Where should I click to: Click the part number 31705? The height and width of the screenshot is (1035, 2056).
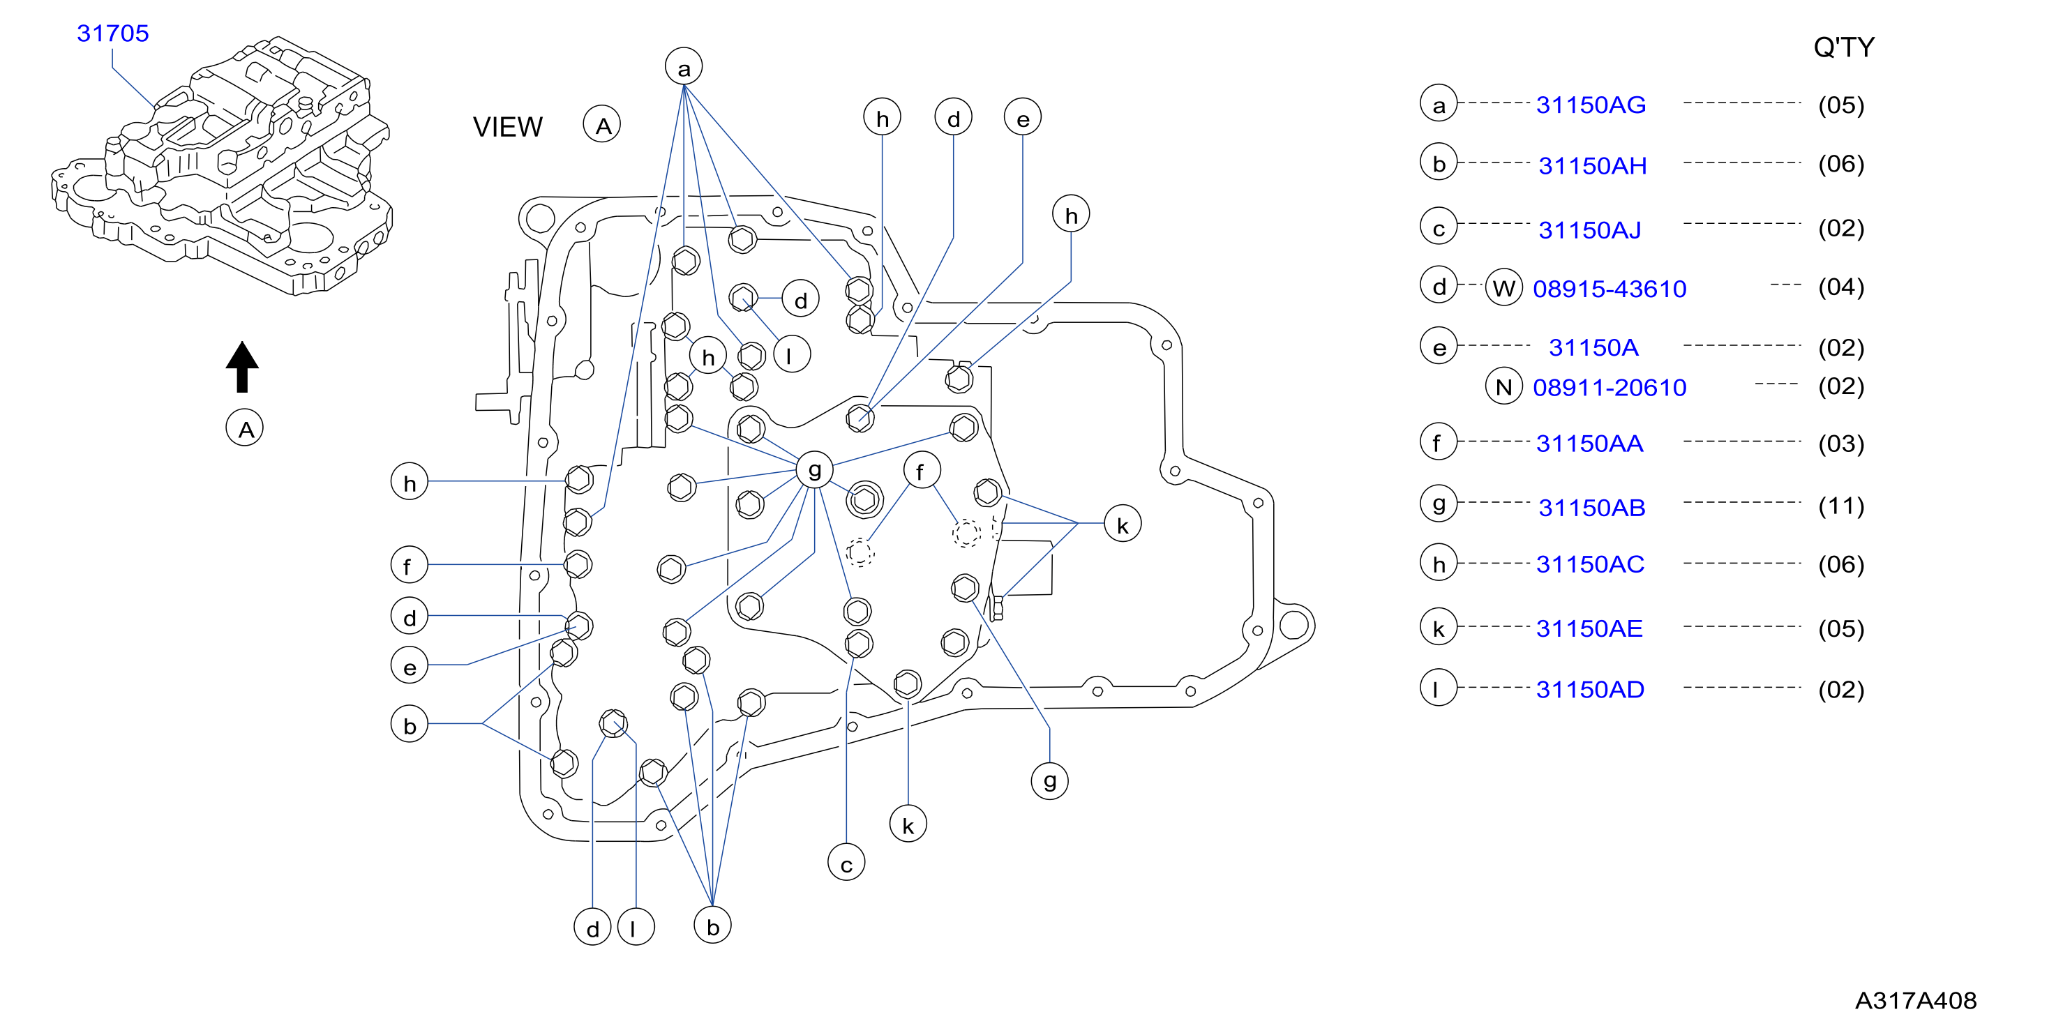[x=112, y=33]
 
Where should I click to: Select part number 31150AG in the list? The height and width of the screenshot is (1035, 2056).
[x=1591, y=105]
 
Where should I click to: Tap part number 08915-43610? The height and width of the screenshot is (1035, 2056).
[x=1609, y=288]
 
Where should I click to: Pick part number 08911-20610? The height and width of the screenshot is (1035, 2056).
[x=1609, y=387]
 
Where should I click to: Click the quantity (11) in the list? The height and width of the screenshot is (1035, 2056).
[x=1841, y=505]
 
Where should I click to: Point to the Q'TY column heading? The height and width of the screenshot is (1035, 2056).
[x=1844, y=47]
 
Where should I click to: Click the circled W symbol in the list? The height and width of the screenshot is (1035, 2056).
[x=1503, y=287]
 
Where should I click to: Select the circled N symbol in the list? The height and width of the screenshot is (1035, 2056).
[x=1503, y=387]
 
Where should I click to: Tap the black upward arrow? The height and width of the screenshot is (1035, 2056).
[x=242, y=367]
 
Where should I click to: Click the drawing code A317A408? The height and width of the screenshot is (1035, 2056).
[x=1916, y=1000]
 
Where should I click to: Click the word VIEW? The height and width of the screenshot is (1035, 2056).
[x=508, y=127]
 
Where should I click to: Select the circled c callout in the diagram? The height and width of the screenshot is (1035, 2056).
[x=847, y=863]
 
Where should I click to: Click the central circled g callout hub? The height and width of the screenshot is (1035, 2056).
[x=815, y=470]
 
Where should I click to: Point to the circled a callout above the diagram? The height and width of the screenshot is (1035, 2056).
[x=684, y=67]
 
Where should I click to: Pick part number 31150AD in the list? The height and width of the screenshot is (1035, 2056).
[x=1590, y=690]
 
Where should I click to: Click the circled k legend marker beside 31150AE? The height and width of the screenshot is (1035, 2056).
[x=1439, y=627]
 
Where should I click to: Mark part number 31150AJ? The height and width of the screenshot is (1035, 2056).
[x=1590, y=230]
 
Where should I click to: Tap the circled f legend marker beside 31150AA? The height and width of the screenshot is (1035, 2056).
[x=1439, y=442]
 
